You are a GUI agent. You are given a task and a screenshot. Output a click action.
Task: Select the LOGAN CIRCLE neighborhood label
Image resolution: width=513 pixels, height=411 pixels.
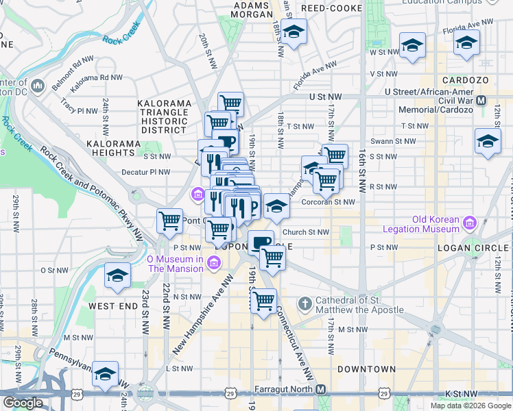coord(479,247)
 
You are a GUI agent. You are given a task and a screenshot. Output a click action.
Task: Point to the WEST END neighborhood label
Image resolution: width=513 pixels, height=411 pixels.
coord(112,306)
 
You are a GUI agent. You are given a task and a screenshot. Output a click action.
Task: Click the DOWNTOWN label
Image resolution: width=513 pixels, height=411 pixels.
coord(366,369)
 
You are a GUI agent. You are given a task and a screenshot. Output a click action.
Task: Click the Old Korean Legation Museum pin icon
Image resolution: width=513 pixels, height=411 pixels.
coord(470,223)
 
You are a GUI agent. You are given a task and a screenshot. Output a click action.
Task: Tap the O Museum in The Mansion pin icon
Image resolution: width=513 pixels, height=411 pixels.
coord(215,263)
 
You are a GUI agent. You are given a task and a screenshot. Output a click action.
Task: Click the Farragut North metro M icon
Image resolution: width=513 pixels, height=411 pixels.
coord(320,389)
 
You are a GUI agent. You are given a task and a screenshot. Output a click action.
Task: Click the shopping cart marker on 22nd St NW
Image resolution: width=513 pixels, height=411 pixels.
coord(169,221)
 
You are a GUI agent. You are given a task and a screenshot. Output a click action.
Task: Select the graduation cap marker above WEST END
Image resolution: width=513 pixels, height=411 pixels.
coord(117,276)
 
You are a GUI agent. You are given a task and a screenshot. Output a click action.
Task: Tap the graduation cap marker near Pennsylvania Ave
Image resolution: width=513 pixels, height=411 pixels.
coord(105,374)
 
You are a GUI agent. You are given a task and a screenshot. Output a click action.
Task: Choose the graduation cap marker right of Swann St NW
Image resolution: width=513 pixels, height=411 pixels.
coord(487,141)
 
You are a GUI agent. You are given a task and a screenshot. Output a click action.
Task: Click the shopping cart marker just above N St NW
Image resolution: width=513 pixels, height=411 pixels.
coord(263,300)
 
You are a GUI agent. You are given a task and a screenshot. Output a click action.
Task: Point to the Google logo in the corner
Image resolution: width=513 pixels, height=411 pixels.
coord(22,403)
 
